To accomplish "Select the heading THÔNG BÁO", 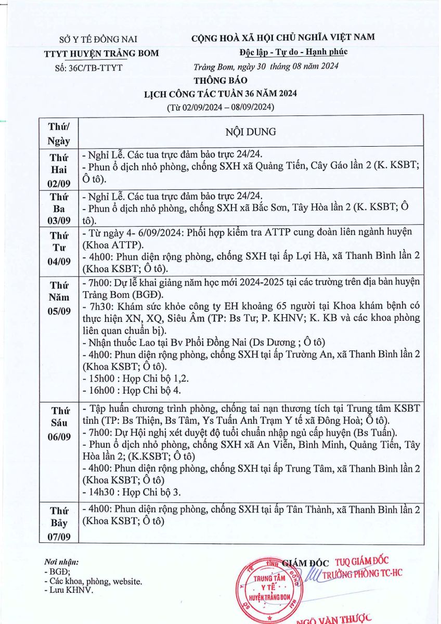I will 220,81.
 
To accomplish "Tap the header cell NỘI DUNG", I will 250,132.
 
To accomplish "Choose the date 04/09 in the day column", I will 58,261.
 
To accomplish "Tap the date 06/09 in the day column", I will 58,437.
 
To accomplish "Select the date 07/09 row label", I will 58,536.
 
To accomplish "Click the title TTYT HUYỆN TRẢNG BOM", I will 101,54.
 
